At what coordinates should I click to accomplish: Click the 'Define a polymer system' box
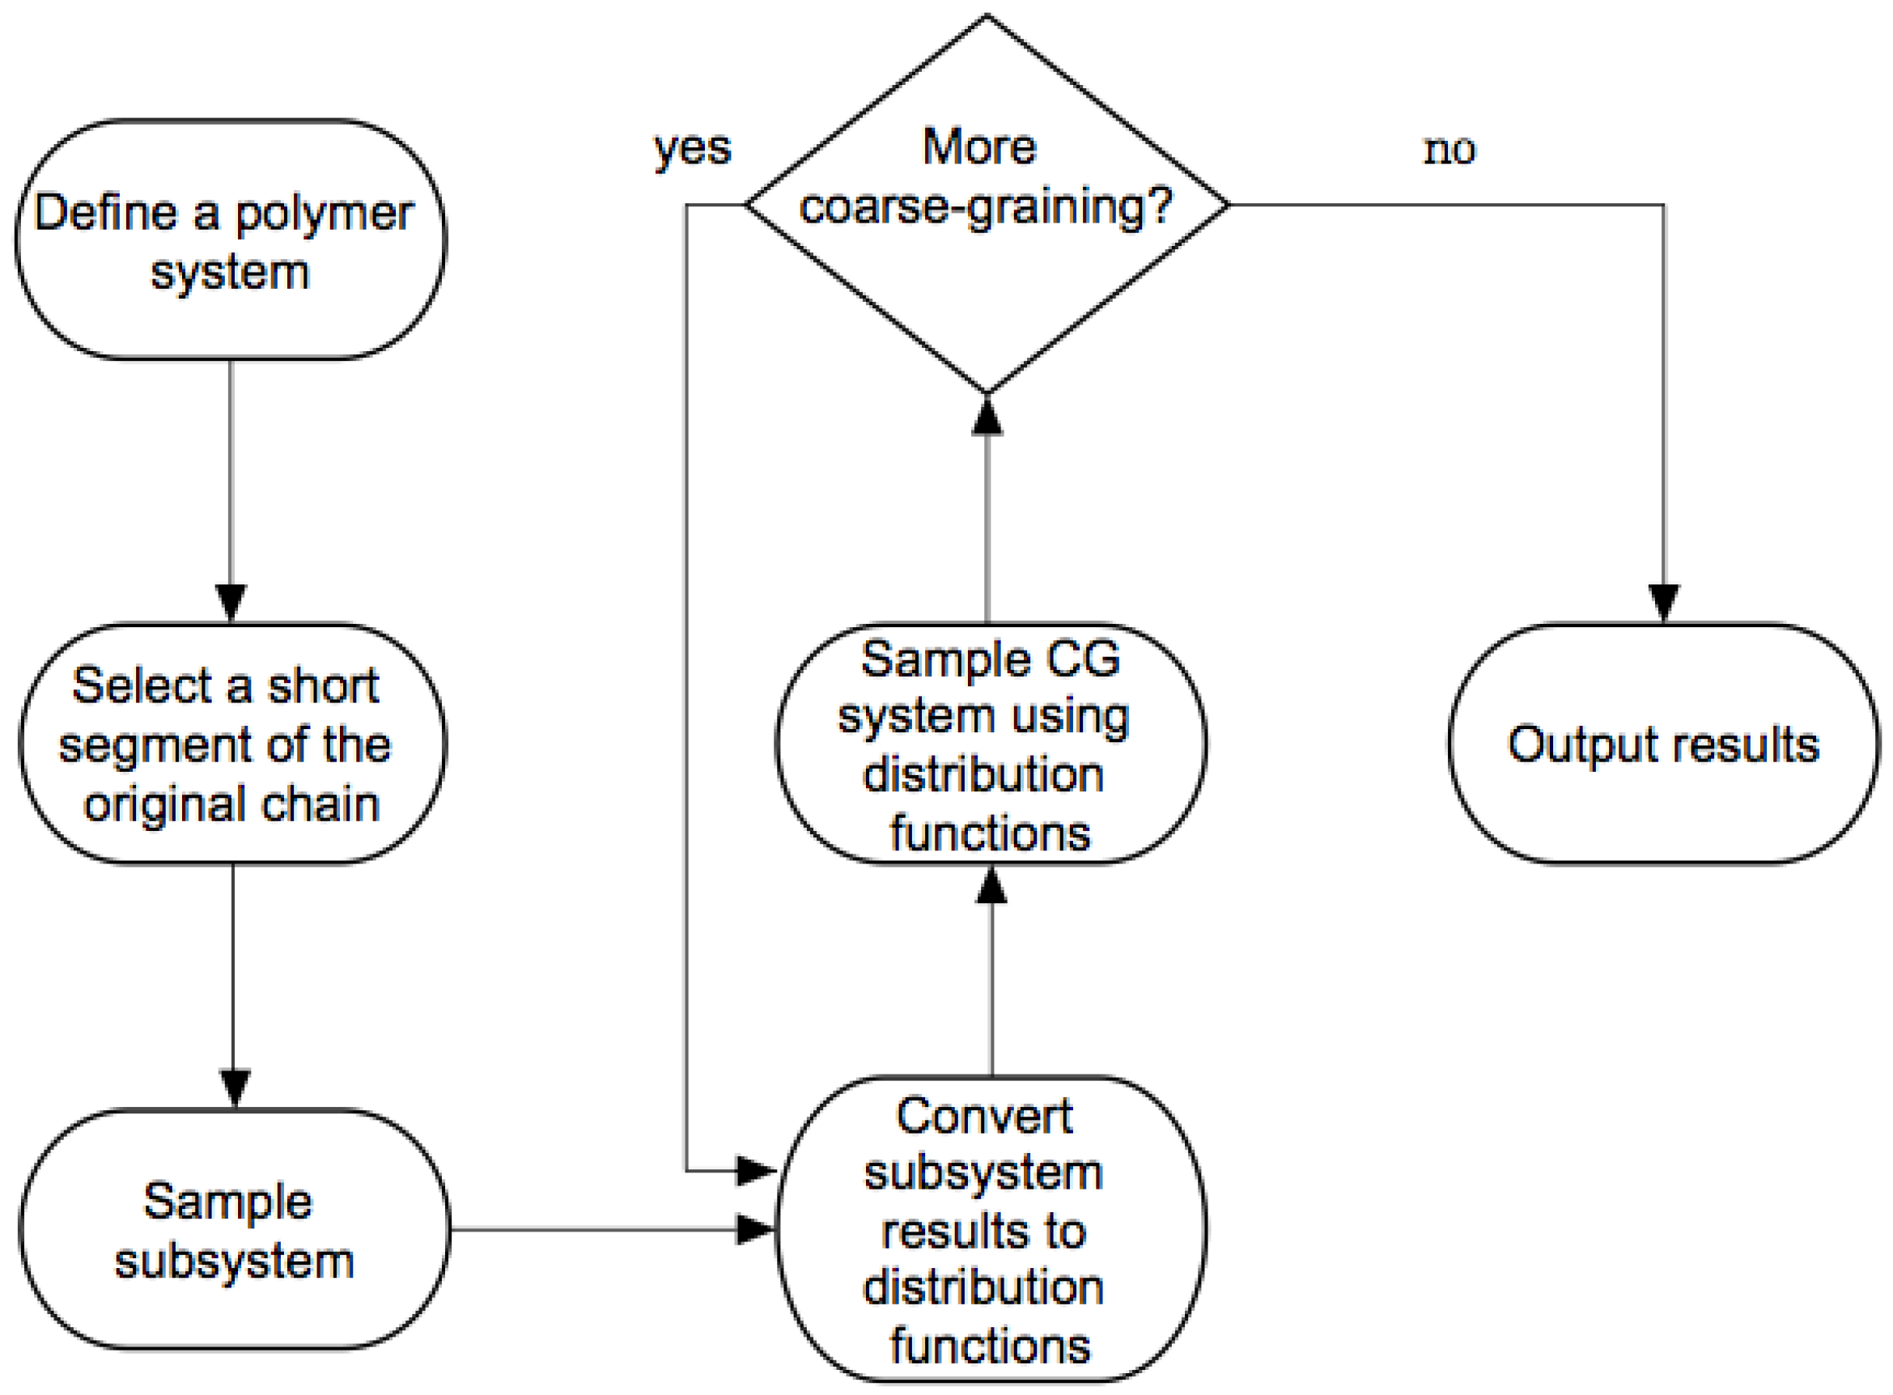231,240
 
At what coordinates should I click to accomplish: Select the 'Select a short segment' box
232,744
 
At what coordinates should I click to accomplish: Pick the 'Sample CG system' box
991,744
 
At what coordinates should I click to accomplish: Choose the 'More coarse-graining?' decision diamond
987,205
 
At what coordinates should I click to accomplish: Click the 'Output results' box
1663,744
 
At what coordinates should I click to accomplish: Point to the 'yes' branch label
693,151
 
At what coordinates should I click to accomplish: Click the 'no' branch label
1449,151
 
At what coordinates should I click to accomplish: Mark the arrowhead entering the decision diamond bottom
987,414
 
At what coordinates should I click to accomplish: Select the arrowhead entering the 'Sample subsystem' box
234,1088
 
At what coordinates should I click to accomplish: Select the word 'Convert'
984,1116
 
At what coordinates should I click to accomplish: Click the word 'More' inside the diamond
979,147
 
